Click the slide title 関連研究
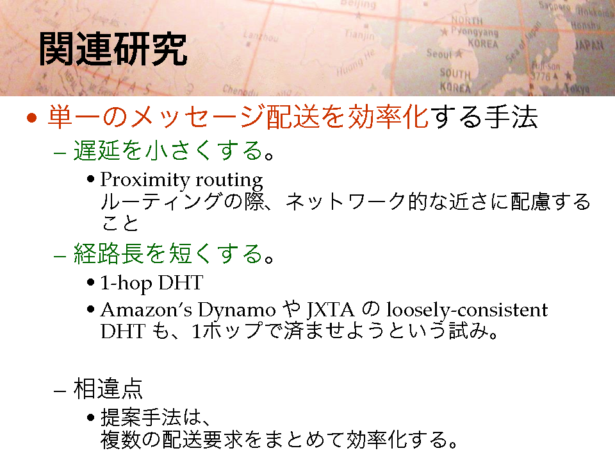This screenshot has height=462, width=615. point(113,49)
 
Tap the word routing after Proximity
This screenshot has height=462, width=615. point(229,181)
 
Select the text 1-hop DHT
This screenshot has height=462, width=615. point(151,283)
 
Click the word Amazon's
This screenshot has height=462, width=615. point(146,310)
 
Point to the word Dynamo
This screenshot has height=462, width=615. point(237,311)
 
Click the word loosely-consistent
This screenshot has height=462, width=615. point(467,310)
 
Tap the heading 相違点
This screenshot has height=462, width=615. point(108,389)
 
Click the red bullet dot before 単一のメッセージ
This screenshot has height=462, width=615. point(32,118)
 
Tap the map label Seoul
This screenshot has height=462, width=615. point(439,53)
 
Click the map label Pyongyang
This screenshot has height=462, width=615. point(474,32)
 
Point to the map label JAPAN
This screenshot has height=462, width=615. point(589,46)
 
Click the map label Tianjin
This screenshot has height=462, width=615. point(359,35)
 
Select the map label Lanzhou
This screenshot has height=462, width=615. point(261,37)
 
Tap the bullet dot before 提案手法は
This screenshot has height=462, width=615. point(90,417)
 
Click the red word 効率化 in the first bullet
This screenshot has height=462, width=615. point(389,117)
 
